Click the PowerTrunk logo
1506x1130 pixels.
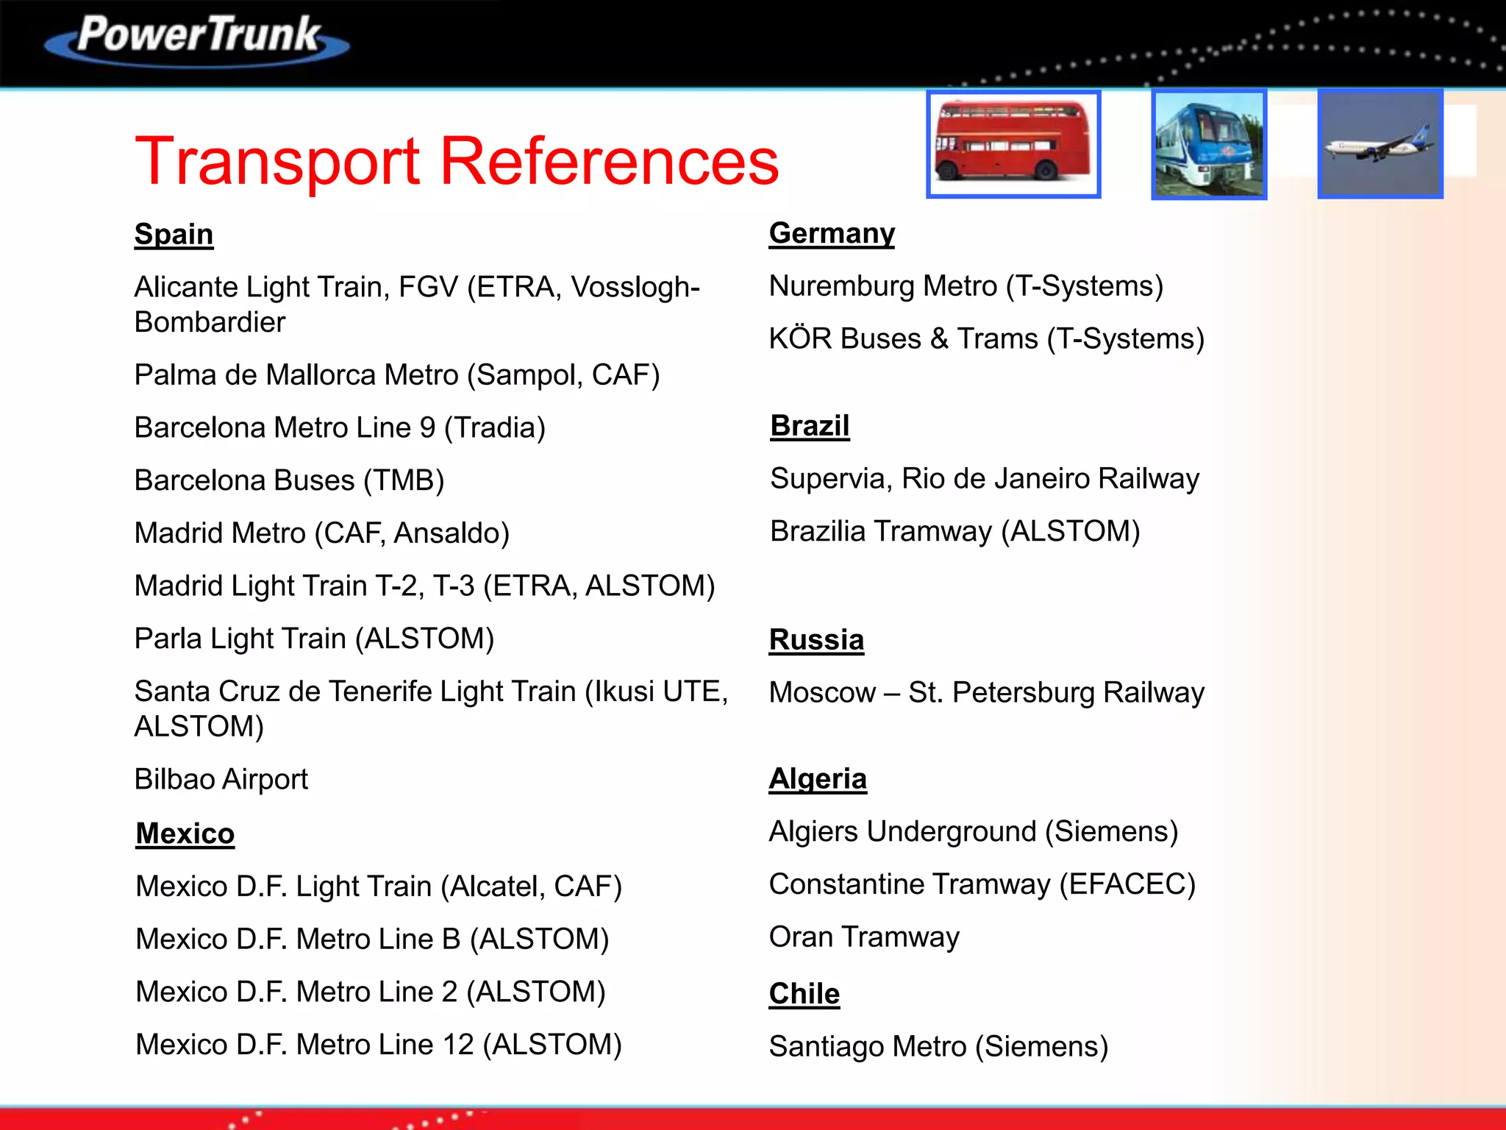click(x=197, y=38)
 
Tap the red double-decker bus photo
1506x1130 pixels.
click(x=1013, y=144)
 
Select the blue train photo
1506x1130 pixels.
click(x=1208, y=144)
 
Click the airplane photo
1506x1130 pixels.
click(x=1380, y=144)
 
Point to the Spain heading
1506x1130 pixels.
click(x=174, y=235)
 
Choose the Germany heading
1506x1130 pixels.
click(x=832, y=233)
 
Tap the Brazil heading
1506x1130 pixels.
click(x=810, y=426)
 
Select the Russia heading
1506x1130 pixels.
click(x=816, y=640)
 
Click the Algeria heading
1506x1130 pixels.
click(x=818, y=778)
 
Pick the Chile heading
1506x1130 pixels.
click(x=804, y=994)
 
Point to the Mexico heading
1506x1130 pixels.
click(x=185, y=834)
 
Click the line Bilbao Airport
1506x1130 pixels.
click(x=221, y=780)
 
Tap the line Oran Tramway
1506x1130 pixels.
click(x=864, y=937)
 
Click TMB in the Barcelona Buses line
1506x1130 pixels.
click(x=404, y=480)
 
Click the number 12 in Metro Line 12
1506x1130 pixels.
click(x=458, y=1045)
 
